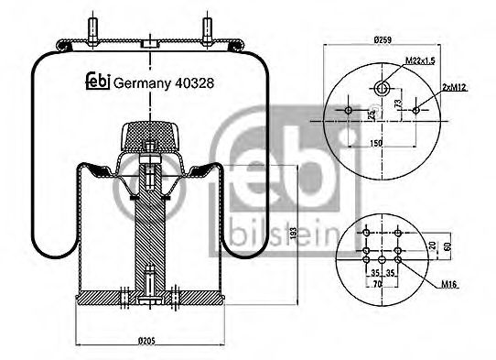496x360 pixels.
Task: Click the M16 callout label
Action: coord(448,287)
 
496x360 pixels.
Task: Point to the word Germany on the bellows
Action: coord(145,82)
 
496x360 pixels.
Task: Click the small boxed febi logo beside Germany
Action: coord(97,82)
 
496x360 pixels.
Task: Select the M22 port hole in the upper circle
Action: coord(383,88)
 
